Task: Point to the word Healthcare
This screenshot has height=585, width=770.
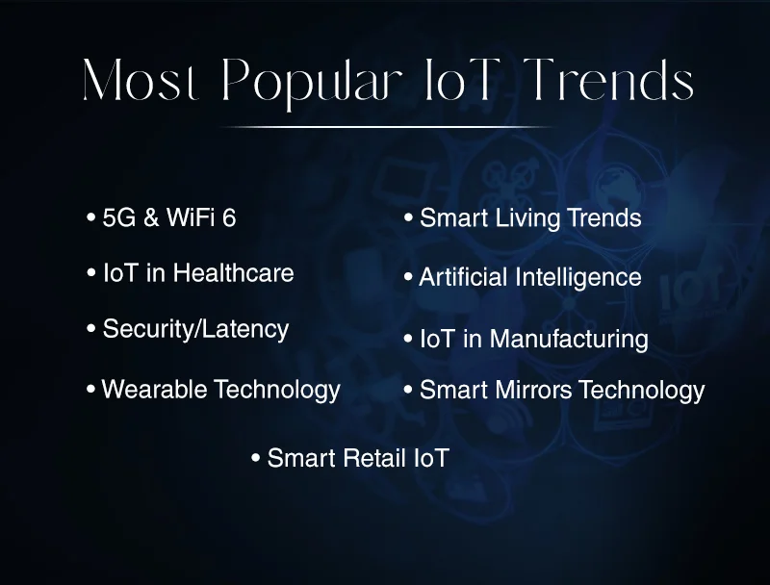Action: pyautogui.click(x=233, y=273)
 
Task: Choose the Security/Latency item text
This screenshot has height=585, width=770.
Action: pyautogui.click(x=195, y=329)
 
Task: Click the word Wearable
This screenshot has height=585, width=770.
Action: pyautogui.click(x=154, y=390)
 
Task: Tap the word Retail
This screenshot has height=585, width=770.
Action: pyautogui.click(x=372, y=458)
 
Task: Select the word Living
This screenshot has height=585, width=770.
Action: pyautogui.click(x=529, y=218)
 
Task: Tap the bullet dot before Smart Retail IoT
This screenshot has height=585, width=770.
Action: pyautogui.click(x=255, y=458)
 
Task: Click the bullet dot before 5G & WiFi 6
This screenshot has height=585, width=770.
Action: pyautogui.click(x=90, y=217)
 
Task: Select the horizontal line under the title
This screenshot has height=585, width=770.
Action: pyautogui.click(x=387, y=127)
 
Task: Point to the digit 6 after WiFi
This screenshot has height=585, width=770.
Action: pyautogui.click(x=228, y=218)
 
